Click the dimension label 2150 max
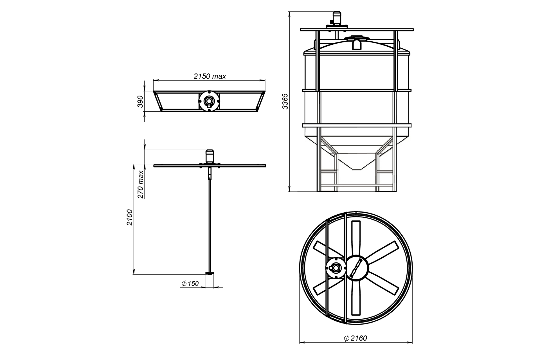click(x=210, y=76)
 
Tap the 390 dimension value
click(x=140, y=101)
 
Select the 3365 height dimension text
click(x=285, y=101)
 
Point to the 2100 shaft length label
click(x=129, y=217)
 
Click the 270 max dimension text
click(x=141, y=184)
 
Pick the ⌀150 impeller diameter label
click(x=190, y=284)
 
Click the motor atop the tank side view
click(x=336, y=19)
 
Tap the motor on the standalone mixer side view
click(x=210, y=156)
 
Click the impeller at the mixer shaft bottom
click(x=210, y=273)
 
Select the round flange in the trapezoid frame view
click(x=209, y=101)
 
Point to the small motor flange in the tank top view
click(x=335, y=268)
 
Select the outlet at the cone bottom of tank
click(x=357, y=169)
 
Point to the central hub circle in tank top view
click(x=357, y=267)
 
